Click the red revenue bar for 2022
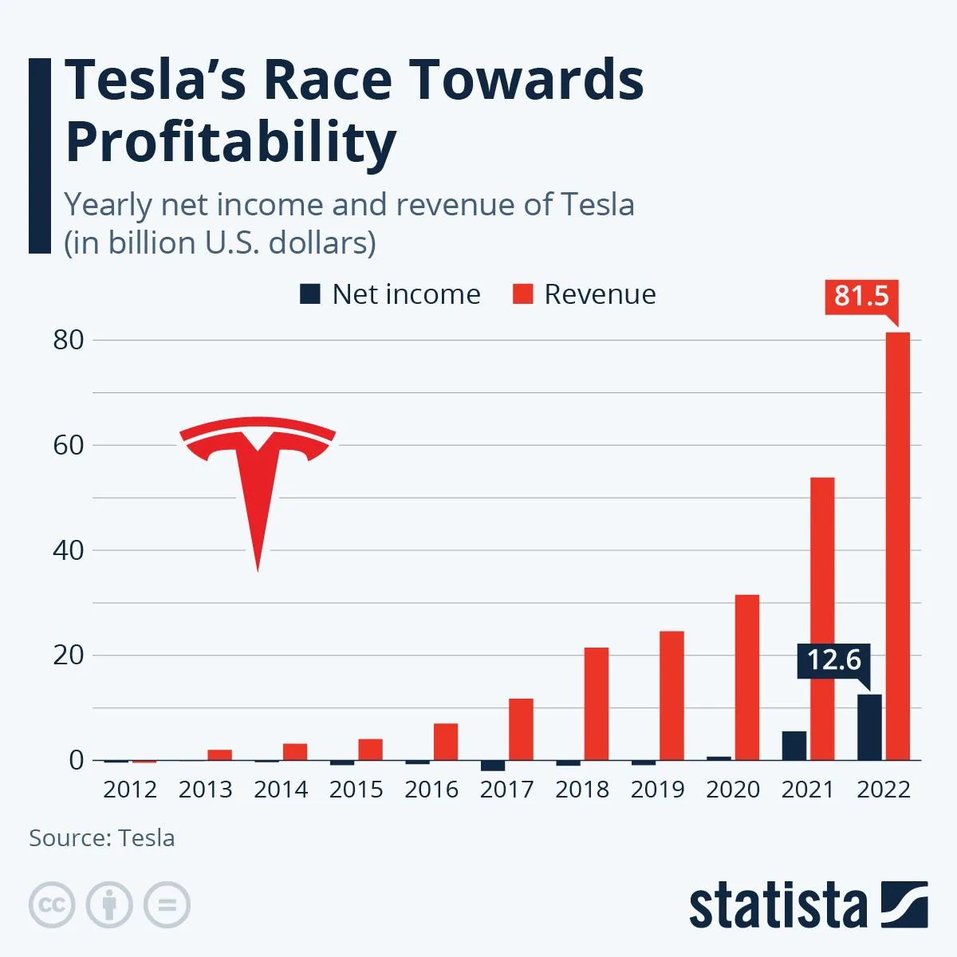(897, 546)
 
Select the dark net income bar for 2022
(869, 727)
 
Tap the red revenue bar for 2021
(822, 619)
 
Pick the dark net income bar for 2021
(794, 746)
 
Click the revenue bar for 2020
(747, 677)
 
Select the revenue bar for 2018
(597, 703)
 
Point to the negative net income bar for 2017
(493, 766)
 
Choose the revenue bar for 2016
(446, 742)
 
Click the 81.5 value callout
(861, 296)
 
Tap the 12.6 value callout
(833, 660)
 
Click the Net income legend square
(310, 293)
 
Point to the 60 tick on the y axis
(69, 445)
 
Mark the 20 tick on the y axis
(69, 656)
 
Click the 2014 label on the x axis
(281, 790)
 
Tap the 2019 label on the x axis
(657, 790)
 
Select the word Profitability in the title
(230, 142)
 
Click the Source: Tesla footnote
(102, 838)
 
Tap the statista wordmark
(778, 907)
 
